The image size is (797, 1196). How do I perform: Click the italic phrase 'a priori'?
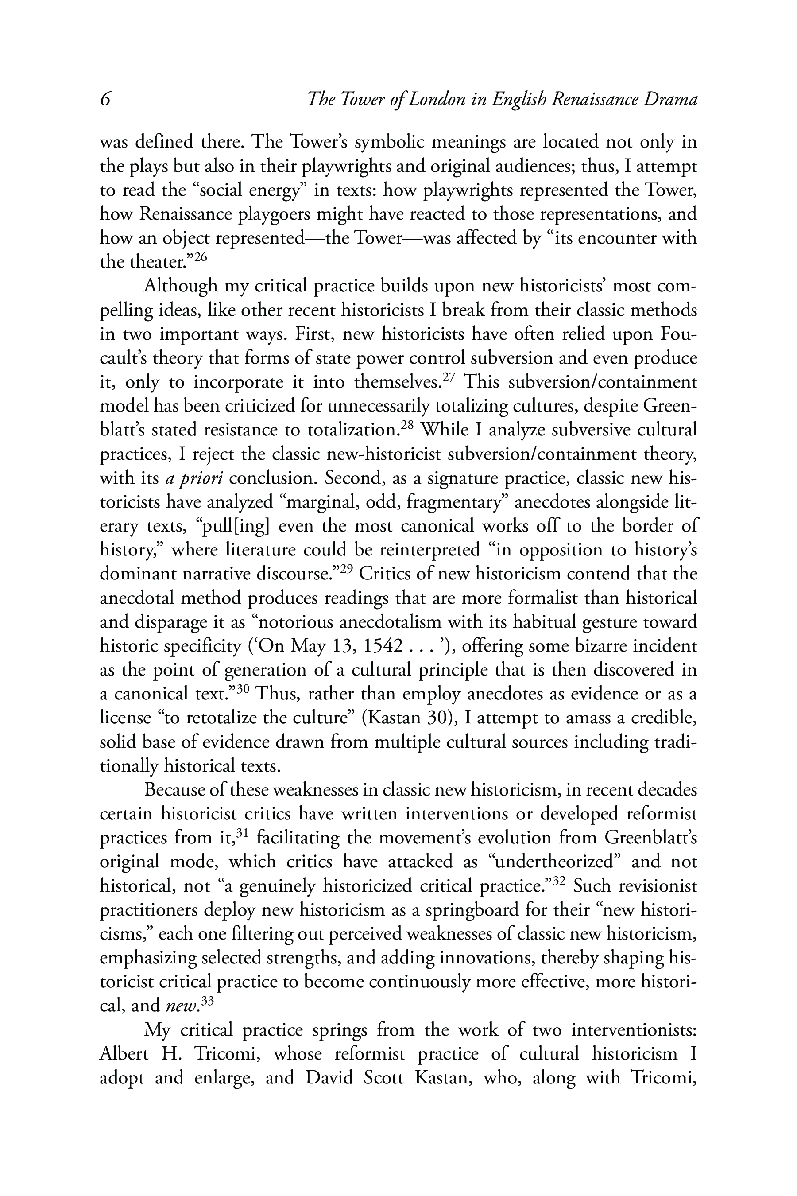point(197,478)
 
